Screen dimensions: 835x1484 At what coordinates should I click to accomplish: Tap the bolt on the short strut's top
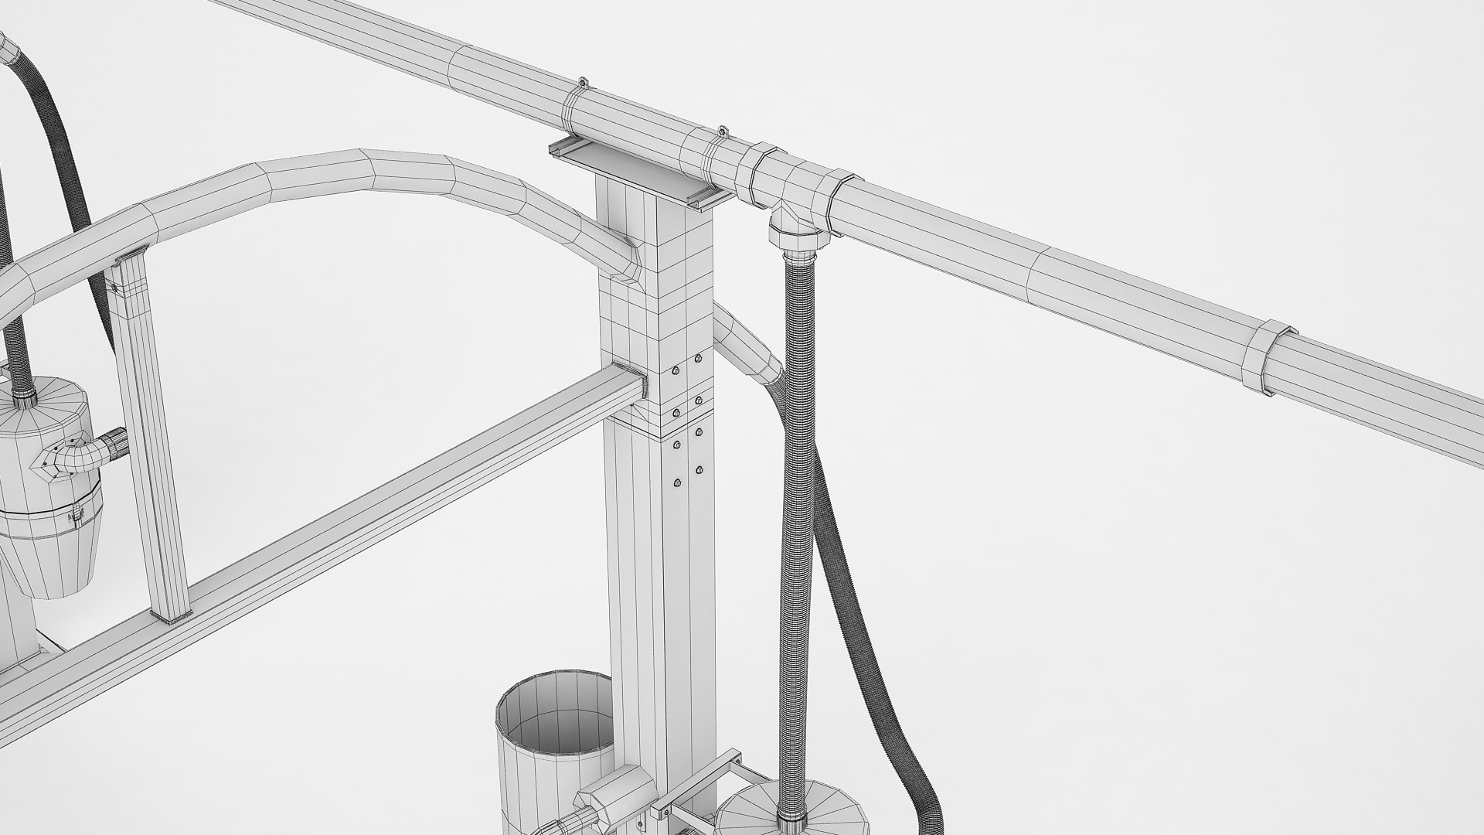coord(115,287)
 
